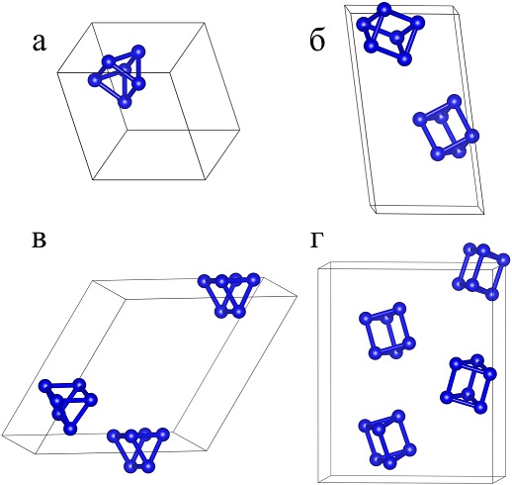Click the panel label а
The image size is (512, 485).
(40, 44)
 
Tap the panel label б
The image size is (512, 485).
(317, 41)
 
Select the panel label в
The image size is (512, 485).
(39, 241)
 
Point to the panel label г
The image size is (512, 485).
(315, 240)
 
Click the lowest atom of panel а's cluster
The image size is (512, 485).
(125, 102)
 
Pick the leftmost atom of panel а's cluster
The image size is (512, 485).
(94, 80)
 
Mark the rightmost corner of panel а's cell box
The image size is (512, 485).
(239, 130)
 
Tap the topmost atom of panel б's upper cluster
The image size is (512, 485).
(384, 9)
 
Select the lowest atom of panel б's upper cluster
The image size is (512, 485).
(405, 59)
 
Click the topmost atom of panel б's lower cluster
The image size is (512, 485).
(454, 101)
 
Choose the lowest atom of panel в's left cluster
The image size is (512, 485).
(70, 429)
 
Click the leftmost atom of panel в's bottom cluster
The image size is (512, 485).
(114, 436)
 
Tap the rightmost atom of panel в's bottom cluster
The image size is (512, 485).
(163, 435)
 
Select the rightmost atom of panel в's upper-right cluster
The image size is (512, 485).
(253, 280)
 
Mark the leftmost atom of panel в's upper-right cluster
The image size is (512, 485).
(205, 281)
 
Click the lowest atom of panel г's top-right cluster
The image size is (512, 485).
(492, 294)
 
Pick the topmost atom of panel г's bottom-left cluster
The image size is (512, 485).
(398, 416)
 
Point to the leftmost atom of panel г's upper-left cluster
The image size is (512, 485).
(366, 319)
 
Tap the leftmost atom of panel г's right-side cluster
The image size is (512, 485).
(447, 397)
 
